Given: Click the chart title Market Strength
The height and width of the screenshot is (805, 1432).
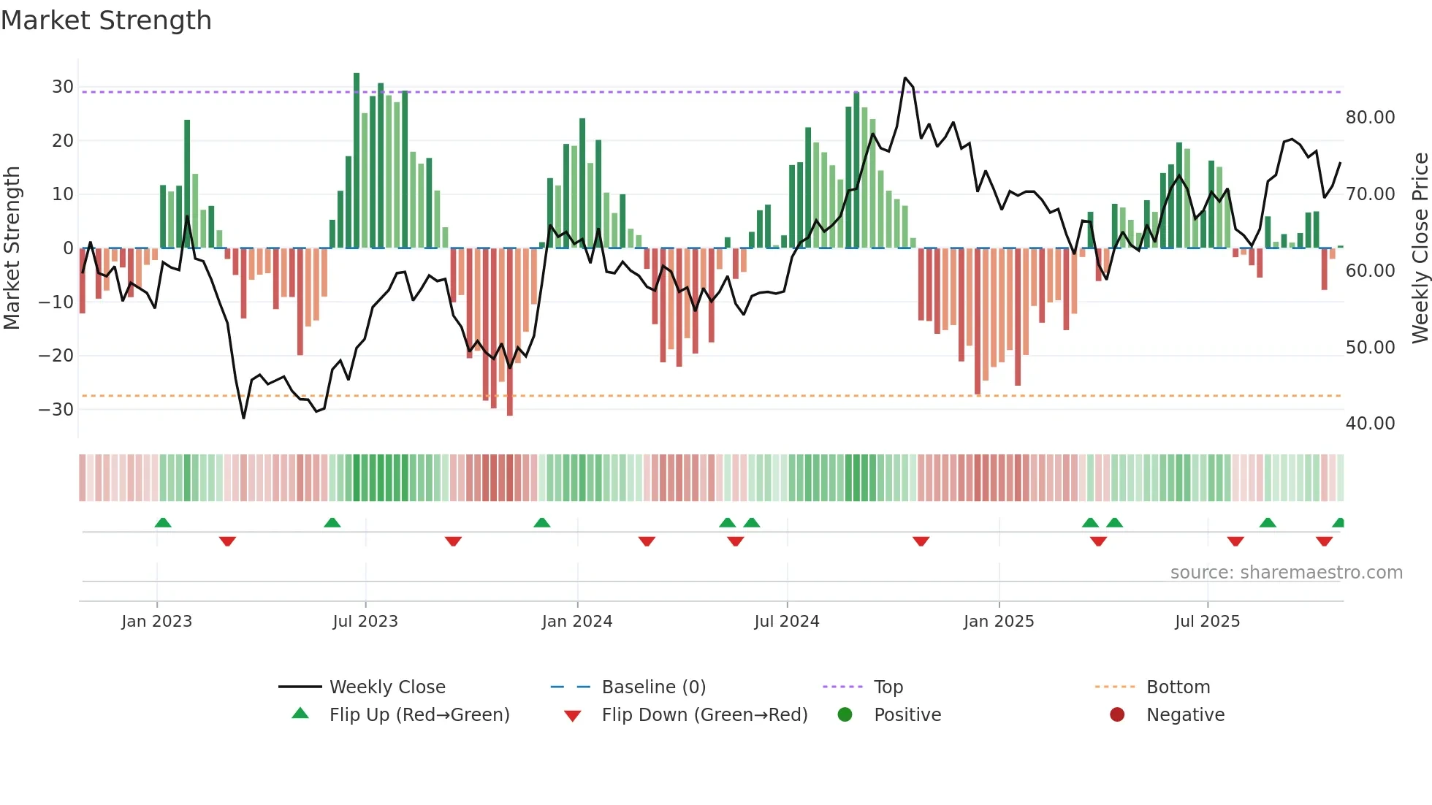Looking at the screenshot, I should [x=107, y=20].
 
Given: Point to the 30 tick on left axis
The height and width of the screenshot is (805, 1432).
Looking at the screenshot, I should [x=63, y=87].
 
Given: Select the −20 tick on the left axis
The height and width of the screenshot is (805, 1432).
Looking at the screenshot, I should [x=56, y=356].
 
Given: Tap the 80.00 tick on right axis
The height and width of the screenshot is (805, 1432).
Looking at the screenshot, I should [x=1370, y=118].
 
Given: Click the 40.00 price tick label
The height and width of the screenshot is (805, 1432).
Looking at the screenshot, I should [x=1370, y=424].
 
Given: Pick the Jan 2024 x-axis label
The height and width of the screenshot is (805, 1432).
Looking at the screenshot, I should [x=576, y=622].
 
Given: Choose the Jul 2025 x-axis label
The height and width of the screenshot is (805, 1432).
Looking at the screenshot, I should [x=1207, y=622].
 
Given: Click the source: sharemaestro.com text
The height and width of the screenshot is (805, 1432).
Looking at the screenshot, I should [x=1286, y=573].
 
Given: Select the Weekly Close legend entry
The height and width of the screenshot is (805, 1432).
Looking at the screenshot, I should [x=387, y=687].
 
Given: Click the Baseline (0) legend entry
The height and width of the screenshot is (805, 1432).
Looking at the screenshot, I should [x=653, y=687].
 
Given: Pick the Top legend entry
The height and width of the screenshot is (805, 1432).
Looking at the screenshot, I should [x=888, y=687].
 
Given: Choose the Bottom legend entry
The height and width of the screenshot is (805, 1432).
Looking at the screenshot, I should [x=1178, y=687].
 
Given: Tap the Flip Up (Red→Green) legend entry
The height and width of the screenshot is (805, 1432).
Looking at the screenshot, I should [x=419, y=715].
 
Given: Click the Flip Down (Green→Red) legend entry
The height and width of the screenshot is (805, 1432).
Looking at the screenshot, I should [x=704, y=715].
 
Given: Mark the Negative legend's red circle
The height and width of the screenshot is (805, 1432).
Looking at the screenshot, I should [x=1117, y=714].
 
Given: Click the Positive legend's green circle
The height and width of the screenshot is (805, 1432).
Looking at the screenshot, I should [x=845, y=714].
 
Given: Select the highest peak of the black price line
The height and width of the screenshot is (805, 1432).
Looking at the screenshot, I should [x=905, y=78].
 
